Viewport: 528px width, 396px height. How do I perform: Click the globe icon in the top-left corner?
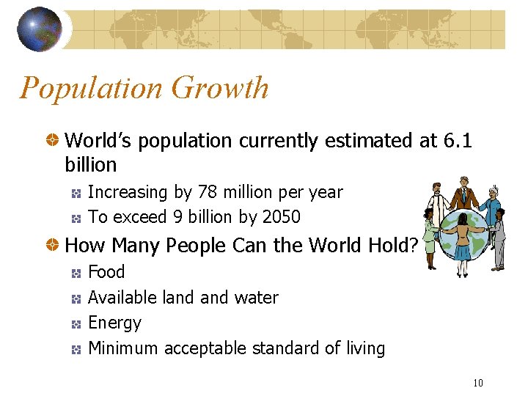click(x=40, y=29)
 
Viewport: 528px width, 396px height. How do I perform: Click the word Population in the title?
click(x=91, y=88)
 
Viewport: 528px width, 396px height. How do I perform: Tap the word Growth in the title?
click(x=220, y=88)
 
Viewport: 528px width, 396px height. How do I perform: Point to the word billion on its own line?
click(x=91, y=164)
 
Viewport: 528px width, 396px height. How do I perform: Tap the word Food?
click(x=106, y=272)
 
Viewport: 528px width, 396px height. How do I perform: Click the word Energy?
click(x=114, y=323)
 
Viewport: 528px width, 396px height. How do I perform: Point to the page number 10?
click(x=478, y=382)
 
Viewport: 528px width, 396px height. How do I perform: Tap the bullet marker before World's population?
click(x=54, y=140)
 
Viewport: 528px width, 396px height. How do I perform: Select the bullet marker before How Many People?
click(x=54, y=245)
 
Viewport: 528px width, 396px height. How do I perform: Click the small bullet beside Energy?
click(x=76, y=323)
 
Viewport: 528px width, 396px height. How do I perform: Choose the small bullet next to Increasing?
click(x=76, y=193)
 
